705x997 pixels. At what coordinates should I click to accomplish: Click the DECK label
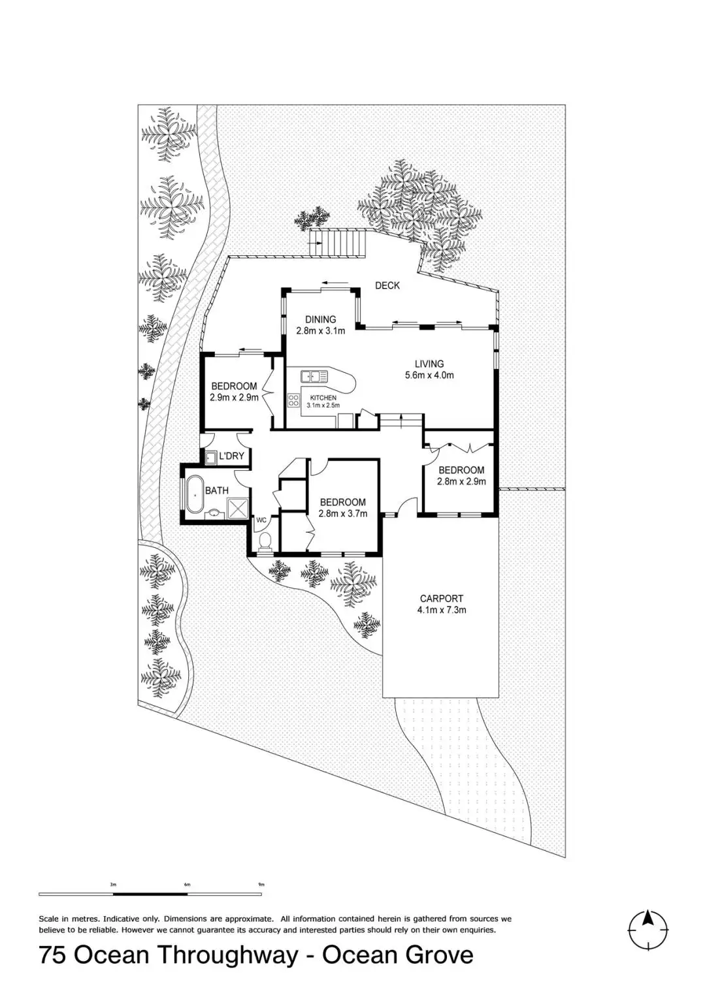point(387,285)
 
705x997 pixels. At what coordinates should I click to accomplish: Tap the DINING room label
point(320,319)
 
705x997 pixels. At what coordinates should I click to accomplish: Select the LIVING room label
point(429,364)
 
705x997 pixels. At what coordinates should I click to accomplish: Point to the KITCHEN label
point(323,398)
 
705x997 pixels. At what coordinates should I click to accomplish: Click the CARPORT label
point(442,598)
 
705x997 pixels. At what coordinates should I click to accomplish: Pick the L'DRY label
point(231,456)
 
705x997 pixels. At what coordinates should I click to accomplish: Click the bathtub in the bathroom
point(195,494)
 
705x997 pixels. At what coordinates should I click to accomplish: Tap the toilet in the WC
point(265,542)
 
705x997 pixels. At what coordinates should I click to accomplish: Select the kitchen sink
point(314,376)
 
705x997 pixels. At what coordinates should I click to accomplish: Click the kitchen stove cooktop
point(294,400)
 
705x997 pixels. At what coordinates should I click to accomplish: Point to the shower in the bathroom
point(237,508)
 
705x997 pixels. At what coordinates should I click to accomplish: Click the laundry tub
point(211,457)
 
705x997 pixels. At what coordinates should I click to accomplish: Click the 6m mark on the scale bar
point(188,885)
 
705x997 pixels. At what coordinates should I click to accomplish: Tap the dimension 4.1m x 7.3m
point(442,610)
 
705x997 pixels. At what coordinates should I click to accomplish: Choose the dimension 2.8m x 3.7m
point(342,514)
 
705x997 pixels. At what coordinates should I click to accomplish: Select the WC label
point(261,520)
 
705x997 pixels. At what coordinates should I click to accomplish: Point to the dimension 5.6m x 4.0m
point(429,375)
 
